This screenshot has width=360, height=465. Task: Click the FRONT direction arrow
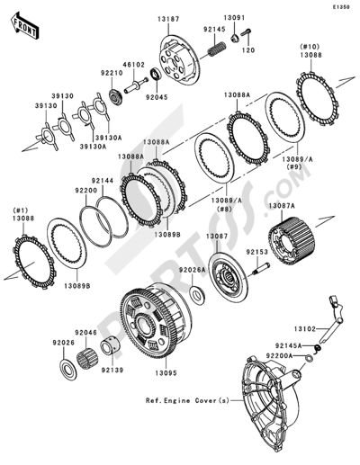pos(24,25)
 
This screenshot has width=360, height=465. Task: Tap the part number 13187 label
pos(168,20)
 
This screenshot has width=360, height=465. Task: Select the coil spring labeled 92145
pos(216,49)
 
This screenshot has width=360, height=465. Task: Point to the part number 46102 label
pos(133,65)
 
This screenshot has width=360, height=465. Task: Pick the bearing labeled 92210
pos(115,96)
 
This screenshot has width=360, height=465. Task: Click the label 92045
pos(157,97)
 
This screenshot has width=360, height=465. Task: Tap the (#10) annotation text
pos(311,47)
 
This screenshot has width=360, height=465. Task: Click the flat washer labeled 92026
pos(68,368)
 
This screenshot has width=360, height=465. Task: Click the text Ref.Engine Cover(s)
pos(187,400)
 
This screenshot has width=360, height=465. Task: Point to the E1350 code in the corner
pos(340,7)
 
